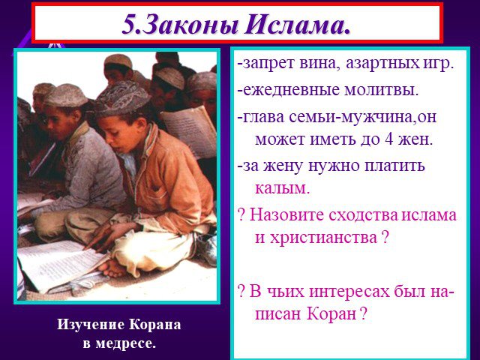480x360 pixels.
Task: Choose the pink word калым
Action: tap(282, 189)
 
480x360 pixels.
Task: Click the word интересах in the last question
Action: tap(349, 292)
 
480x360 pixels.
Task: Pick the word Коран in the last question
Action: tap(331, 313)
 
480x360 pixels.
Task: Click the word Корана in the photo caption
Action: tap(154, 325)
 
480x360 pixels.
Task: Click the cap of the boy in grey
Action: tap(65, 95)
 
